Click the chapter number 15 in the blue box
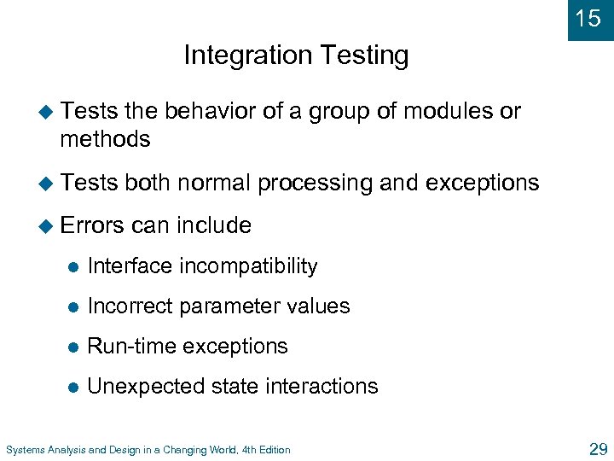588,19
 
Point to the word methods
105,139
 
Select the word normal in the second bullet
211,183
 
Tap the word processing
315,183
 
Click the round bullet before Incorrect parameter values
73,307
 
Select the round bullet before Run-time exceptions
73,347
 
